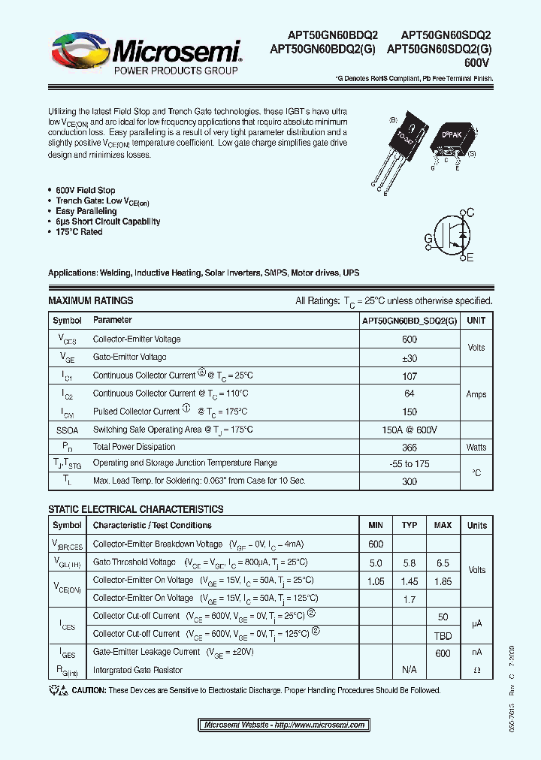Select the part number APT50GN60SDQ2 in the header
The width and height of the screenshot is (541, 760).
click(446, 35)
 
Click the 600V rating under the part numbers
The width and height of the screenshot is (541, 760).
click(478, 65)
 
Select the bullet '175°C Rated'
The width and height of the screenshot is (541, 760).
click(79, 232)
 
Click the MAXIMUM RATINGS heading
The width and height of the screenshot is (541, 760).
click(90, 300)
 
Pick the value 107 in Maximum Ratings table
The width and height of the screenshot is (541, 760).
click(409, 375)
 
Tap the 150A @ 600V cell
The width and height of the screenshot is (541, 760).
click(409, 429)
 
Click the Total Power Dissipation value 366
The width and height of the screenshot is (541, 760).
click(409, 447)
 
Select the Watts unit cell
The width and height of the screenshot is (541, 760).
click(476, 447)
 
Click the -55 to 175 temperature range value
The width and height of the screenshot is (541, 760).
click(409, 464)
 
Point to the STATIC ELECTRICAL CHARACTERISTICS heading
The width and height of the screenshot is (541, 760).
click(135, 509)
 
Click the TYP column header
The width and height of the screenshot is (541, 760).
click(410, 525)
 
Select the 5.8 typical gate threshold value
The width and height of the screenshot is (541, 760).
click(410, 562)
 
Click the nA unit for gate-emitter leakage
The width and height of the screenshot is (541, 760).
click(476, 653)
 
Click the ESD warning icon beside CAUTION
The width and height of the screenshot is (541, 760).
click(57, 690)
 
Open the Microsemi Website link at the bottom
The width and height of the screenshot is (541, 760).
click(285, 725)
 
